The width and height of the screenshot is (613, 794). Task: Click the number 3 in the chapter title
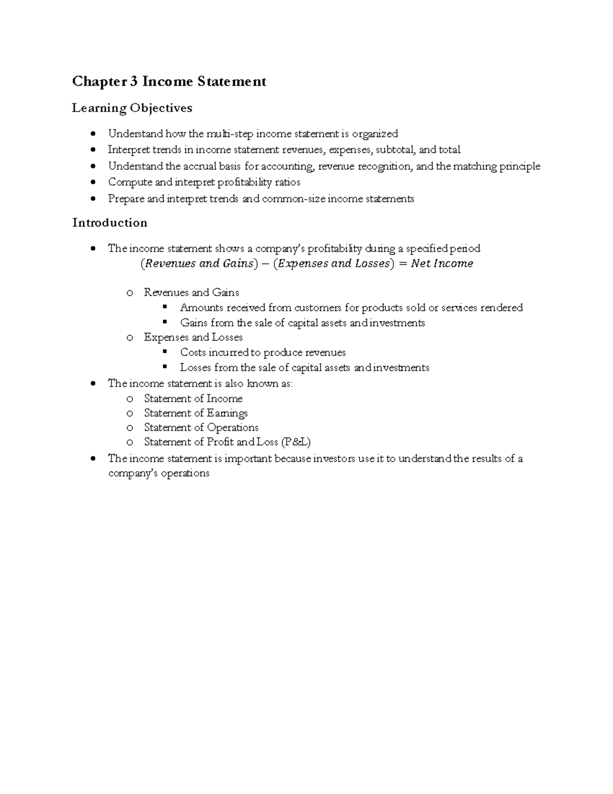134,81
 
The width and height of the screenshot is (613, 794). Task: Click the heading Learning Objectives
132,108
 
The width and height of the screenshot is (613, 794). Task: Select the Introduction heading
110,222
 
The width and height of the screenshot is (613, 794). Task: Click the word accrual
205,166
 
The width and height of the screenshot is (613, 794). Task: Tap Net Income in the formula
442,264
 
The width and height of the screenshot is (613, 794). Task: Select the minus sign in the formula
264,264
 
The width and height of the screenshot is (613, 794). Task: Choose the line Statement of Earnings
196,413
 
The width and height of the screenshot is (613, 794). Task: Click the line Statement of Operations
201,427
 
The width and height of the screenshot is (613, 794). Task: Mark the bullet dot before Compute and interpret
92,183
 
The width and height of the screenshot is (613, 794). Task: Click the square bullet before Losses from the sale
164,367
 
